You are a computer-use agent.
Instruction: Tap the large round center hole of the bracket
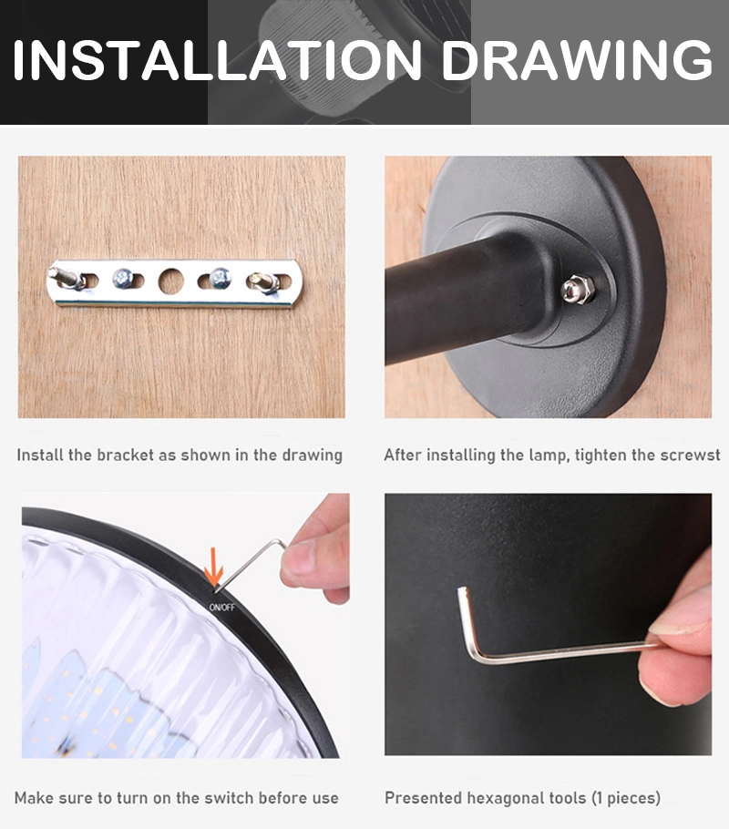coord(171,281)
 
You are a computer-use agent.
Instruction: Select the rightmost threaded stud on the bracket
coord(264,281)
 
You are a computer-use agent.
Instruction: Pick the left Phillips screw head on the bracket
coord(123,278)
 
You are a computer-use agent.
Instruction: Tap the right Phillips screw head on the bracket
coord(220,278)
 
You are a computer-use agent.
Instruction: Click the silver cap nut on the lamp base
coord(577,289)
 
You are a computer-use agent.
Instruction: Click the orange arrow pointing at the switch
coord(213,567)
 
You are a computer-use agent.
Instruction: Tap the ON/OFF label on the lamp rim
coord(222,607)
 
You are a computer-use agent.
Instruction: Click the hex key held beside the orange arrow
coord(249,564)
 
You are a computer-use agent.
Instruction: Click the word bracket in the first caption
coord(126,455)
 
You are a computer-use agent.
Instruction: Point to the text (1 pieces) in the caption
coord(626,798)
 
